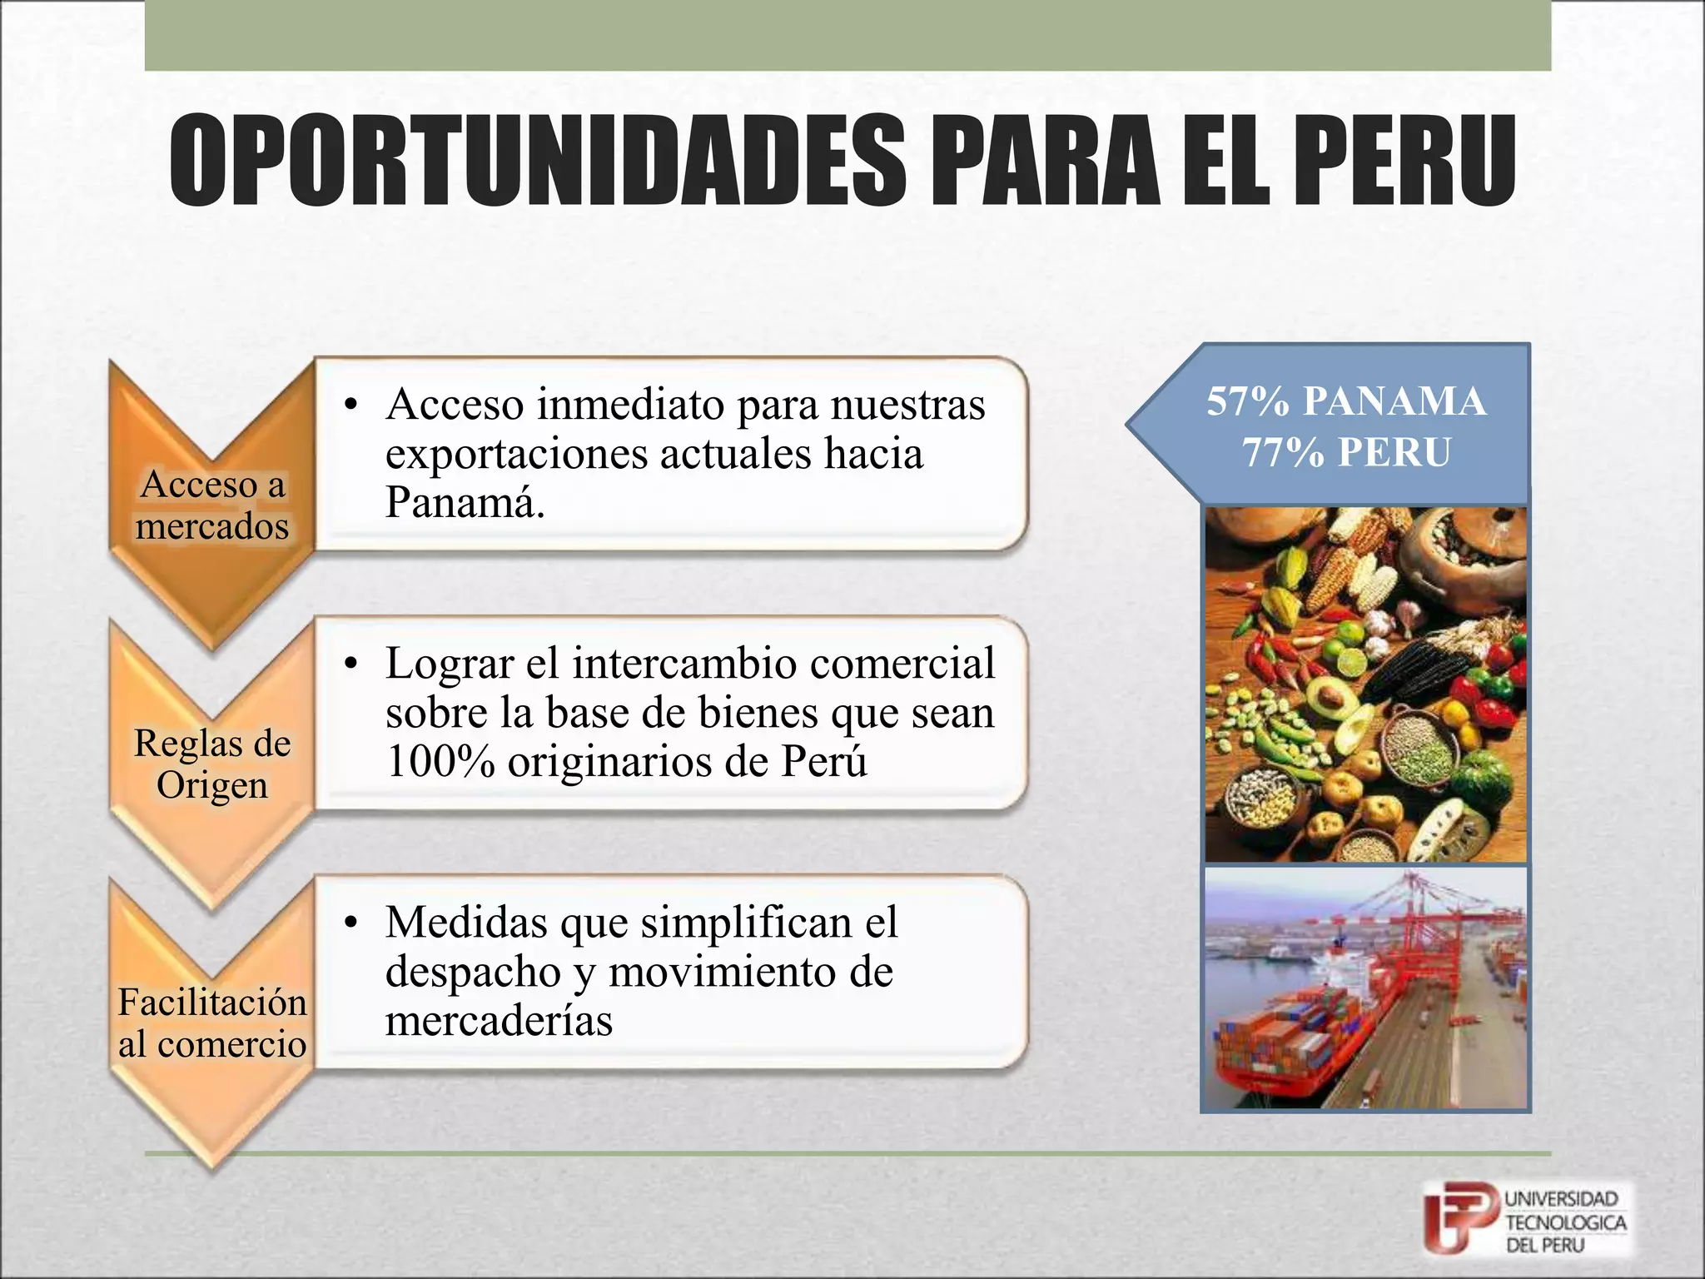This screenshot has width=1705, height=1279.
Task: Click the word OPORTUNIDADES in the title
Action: click(x=536, y=161)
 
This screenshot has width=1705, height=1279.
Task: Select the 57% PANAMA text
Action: click(x=1346, y=401)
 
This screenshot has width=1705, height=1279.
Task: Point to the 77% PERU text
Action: click(x=1346, y=453)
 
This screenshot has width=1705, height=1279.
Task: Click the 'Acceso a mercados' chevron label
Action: click(x=212, y=505)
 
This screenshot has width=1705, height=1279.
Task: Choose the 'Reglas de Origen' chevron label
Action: click(x=212, y=764)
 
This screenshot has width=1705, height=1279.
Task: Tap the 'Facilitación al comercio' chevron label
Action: click(x=212, y=1023)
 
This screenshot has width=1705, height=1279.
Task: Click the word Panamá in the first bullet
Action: click(x=465, y=502)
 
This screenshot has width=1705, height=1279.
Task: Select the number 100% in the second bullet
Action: click(x=440, y=761)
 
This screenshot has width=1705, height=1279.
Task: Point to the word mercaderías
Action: click(x=499, y=1020)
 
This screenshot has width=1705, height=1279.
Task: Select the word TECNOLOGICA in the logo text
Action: click(x=1565, y=1222)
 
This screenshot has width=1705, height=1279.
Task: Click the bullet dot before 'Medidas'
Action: click(x=351, y=923)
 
